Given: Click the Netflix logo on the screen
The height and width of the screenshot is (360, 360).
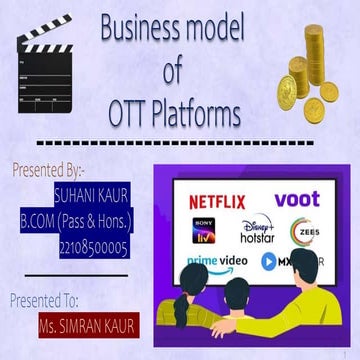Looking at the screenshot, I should pyautogui.click(x=216, y=201).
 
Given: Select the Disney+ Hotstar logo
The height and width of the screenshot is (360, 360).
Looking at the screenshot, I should pyautogui.click(x=258, y=233).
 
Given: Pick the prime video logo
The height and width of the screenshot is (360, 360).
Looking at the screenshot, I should pyautogui.click(x=213, y=263).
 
